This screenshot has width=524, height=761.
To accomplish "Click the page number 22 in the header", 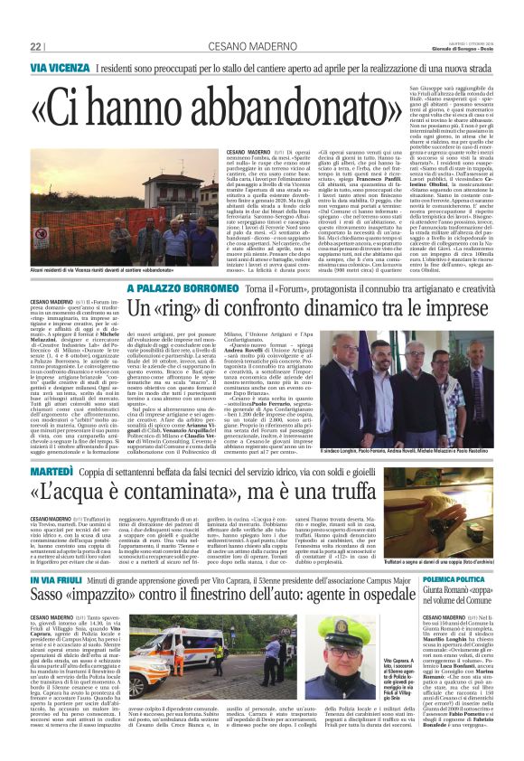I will [36, 46].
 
